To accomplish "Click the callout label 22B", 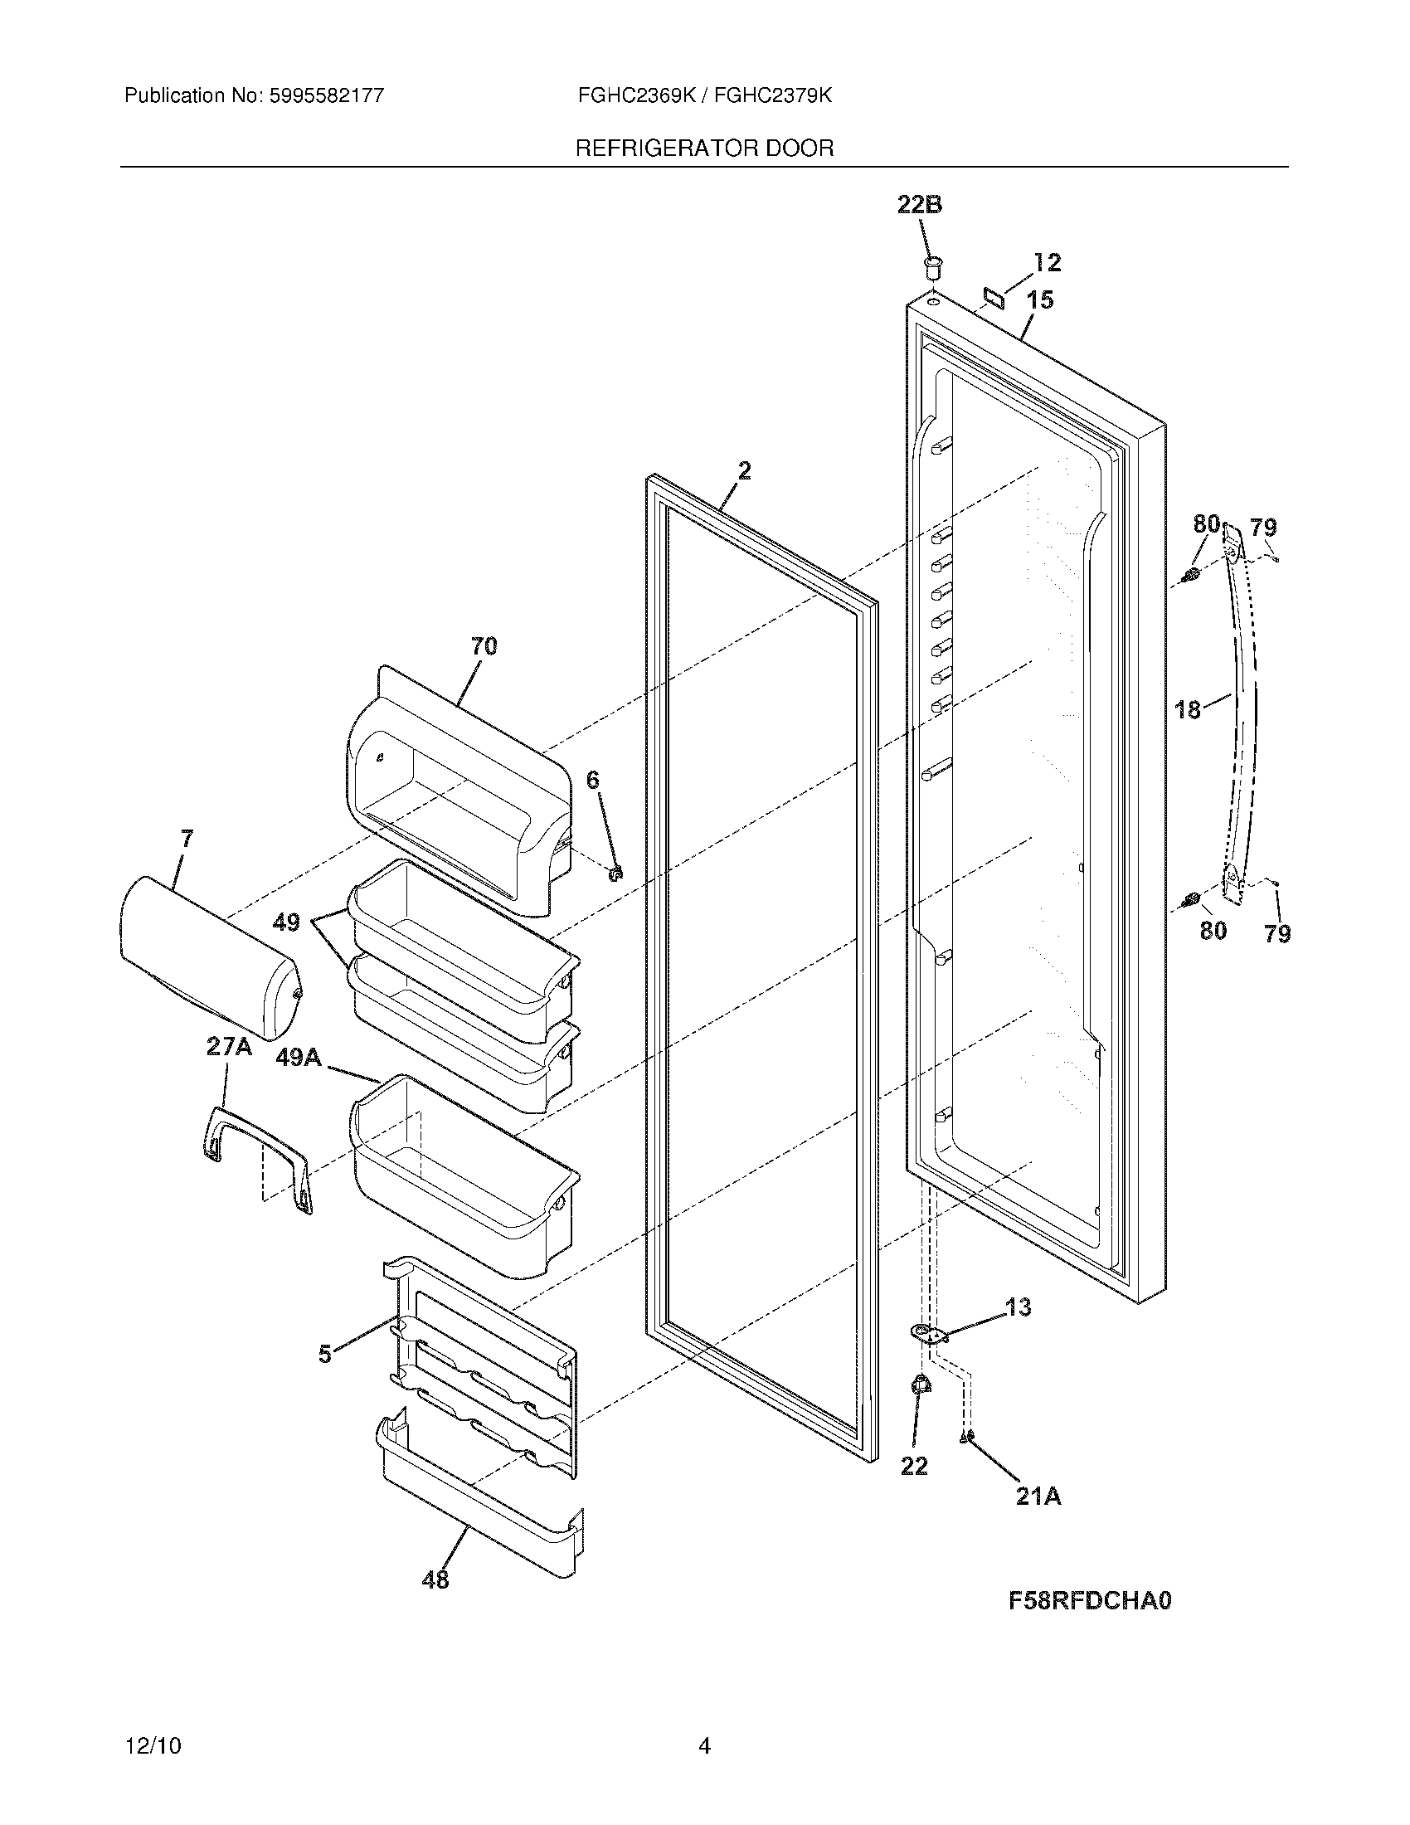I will (x=920, y=205).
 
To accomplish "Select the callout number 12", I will (x=1047, y=262).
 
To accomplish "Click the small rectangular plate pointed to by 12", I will (x=994, y=295).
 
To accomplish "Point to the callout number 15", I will (x=1040, y=300).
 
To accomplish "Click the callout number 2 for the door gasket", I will (x=743, y=470).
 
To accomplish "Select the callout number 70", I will (x=484, y=646).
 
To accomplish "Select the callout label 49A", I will (x=299, y=1058).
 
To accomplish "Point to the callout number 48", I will (x=435, y=1580).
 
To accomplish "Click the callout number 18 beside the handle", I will (x=1187, y=710).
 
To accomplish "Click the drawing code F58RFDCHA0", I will (x=1090, y=1600).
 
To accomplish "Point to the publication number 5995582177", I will (x=327, y=96).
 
